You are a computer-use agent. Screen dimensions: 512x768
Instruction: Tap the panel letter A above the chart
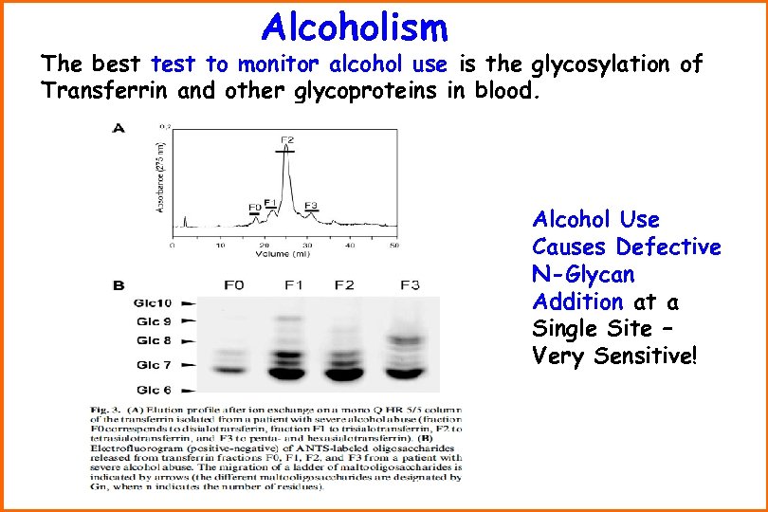[x=119, y=127]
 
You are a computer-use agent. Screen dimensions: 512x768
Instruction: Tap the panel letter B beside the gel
[x=119, y=283]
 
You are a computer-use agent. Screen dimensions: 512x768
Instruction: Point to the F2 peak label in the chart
[x=287, y=141]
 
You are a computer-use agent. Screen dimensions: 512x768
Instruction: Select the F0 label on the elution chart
[x=253, y=207]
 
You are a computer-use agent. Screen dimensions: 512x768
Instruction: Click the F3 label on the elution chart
[x=311, y=206]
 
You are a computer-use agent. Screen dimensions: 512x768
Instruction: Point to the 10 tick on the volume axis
[x=220, y=245]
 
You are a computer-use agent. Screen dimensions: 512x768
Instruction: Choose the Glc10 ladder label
[x=154, y=303]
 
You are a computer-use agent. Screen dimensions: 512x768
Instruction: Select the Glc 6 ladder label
[x=154, y=390]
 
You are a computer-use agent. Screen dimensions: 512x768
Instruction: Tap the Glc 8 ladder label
[x=154, y=340]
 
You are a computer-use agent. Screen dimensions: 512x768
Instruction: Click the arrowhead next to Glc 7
[x=189, y=364]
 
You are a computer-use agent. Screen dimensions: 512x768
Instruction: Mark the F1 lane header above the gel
[x=292, y=284]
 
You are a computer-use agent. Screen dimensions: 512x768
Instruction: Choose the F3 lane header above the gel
[x=410, y=284]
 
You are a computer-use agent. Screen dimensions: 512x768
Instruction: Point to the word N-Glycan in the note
[x=583, y=275]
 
